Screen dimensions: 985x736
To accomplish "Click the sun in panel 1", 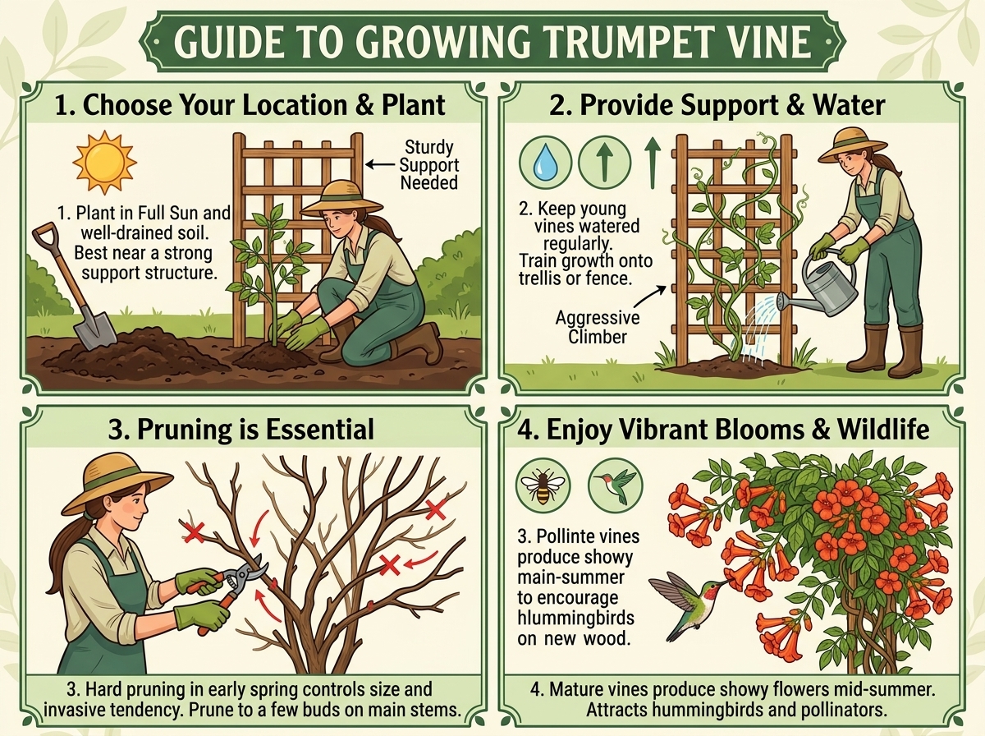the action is pos(104,163).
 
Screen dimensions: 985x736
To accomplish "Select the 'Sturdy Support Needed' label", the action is pos(429,165).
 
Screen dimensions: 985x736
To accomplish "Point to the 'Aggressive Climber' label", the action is pos(598,327).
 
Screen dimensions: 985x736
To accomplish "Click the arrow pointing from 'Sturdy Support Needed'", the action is pos(380,164).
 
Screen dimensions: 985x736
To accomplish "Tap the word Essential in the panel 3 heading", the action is pos(319,430).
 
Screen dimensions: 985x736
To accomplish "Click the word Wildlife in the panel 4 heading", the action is pos(883,430).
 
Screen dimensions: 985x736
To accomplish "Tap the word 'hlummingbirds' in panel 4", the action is pos(575,619).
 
